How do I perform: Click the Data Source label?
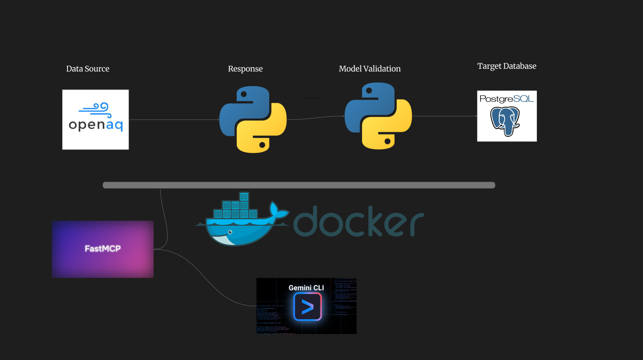(88, 69)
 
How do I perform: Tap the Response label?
(245, 69)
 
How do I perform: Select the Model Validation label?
(370, 69)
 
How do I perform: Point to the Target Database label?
(507, 66)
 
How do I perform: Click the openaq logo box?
(95, 119)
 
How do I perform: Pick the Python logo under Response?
(253, 119)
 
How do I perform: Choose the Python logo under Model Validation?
(378, 116)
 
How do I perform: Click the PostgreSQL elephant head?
(505, 121)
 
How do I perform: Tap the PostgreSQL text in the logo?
(507, 99)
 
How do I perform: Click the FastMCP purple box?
(103, 249)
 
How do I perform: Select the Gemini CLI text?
(306, 288)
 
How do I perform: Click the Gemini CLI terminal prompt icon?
(307, 307)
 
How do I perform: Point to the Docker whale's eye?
(230, 232)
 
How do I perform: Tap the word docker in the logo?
(358, 222)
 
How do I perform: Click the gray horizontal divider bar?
(299, 185)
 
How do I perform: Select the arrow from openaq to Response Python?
(174, 120)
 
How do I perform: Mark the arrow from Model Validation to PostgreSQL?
(444, 116)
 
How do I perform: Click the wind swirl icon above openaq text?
(96, 109)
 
